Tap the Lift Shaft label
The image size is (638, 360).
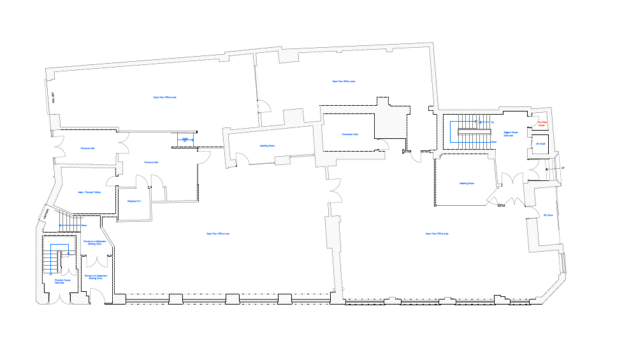click(540, 143)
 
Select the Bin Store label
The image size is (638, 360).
click(547, 215)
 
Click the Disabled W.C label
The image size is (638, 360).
click(134, 201)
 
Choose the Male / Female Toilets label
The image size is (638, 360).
click(89, 192)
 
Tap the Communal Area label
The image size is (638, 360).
click(350, 134)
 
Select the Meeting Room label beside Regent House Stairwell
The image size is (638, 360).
click(467, 183)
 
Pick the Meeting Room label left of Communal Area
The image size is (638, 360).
click(267, 145)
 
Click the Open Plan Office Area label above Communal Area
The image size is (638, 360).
click(344, 82)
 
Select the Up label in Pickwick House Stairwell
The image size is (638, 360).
click(50, 273)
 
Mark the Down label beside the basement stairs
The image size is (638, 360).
click(83, 226)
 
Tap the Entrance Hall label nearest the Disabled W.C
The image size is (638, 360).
click(151, 162)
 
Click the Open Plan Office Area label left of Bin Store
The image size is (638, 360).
click(437, 234)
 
